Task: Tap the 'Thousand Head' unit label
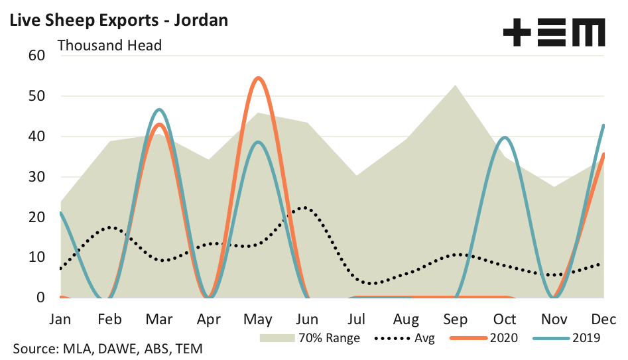[x=110, y=45]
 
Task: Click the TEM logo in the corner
[x=554, y=32]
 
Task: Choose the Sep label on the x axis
[x=455, y=319]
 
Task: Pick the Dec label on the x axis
[x=602, y=319]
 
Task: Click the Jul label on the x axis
[x=357, y=319]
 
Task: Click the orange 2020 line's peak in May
[x=258, y=78]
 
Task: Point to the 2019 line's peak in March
[x=160, y=109]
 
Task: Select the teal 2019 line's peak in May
[x=258, y=142]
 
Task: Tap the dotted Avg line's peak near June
[x=304, y=208]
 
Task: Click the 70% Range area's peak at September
[x=455, y=86]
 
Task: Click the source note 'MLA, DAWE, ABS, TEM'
[x=107, y=348]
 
